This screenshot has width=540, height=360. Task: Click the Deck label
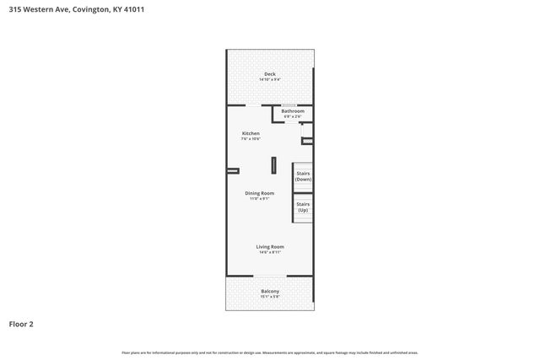[x=270, y=74]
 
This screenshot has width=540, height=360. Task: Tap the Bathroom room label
[x=293, y=111]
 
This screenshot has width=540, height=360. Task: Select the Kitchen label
[x=251, y=133]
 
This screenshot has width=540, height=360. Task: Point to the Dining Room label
[x=260, y=193]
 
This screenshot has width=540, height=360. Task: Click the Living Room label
[x=270, y=246]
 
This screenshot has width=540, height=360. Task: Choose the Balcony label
[x=270, y=292]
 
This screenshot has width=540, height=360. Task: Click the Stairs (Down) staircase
[x=303, y=176]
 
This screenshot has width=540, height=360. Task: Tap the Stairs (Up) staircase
[x=303, y=207]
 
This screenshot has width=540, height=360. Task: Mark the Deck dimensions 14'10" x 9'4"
[x=270, y=79]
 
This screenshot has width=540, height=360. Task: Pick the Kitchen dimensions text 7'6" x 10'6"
[x=251, y=138]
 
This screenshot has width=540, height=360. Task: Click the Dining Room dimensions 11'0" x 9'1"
[x=260, y=198]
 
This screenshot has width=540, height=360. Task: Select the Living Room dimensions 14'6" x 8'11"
[x=270, y=251]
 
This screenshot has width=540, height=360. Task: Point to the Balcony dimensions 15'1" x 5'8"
[x=270, y=297]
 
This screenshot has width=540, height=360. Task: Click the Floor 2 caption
[x=22, y=323]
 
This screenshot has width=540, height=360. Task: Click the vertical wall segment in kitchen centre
[x=273, y=164]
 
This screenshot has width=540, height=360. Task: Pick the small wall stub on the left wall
[x=233, y=170]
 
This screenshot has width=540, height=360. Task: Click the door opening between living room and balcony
[x=270, y=277]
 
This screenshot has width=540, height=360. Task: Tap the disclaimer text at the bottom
[x=270, y=352]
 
